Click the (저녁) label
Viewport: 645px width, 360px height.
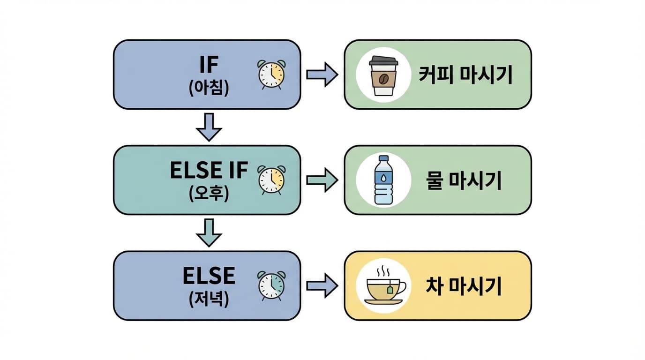[209, 299]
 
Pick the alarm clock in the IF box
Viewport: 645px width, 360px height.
[272, 75]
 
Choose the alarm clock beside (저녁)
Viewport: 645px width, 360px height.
[272, 285]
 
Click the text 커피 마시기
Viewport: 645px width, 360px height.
[465, 75]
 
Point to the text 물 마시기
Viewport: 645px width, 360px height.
[464, 180]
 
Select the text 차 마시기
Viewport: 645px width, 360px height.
[464, 286]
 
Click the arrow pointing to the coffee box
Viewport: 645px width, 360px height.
[322, 75]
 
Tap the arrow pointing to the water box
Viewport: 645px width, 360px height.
[322, 180]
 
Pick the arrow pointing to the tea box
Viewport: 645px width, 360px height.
[322, 285]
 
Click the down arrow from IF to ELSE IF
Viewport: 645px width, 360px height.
[209, 127]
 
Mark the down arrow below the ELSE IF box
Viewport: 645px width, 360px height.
[209, 232]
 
